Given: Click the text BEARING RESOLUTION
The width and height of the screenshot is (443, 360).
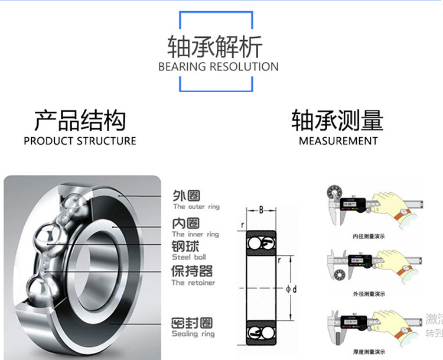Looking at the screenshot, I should click(x=218, y=67).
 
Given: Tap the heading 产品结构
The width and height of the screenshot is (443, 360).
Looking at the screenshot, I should click(x=80, y=120).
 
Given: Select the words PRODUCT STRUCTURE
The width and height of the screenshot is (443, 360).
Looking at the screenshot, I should click(x=80, y=141).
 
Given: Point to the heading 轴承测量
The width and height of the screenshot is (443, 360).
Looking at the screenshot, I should click(x=337, y=120).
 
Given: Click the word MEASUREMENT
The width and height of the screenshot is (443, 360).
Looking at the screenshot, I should click(x=338, y=141).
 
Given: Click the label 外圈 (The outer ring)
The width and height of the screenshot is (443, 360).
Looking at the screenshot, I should click(x=186, y=196).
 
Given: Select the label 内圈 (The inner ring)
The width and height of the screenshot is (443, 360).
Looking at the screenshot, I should click(x=185, y=223).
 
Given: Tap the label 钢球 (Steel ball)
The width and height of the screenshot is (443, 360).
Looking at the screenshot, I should click(x=185, y=247).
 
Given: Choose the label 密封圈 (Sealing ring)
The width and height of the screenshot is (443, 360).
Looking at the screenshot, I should click(x=192, y=323).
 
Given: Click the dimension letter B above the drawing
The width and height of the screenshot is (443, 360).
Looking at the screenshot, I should click(x=261, y=210).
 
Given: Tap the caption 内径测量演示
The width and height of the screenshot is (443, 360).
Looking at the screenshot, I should click(x=368, y=236).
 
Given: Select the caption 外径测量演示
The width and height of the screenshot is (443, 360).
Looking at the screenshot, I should click(x=368, y=293).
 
